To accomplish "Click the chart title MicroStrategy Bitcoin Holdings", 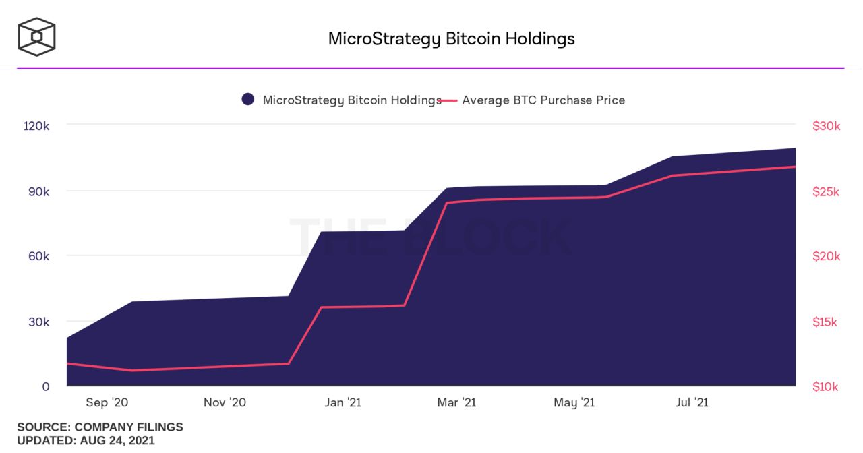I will (451, 38).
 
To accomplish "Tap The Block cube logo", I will (36, 36).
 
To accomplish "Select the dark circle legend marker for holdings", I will (248, 100).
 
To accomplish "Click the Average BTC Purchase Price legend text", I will (543, 100).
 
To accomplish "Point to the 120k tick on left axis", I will (37, 126).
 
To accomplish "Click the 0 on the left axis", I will (46, 386).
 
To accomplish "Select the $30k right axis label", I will (826, 126).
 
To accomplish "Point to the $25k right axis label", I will (826, 191).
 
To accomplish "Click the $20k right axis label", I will (826, 256).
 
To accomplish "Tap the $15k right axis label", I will (826, 322).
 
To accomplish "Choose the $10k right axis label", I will (826, 386).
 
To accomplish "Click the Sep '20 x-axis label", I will (107, 402).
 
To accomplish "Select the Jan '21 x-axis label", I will (343, 402).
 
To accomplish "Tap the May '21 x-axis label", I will (574, 402).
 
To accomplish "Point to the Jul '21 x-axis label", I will (692, 402).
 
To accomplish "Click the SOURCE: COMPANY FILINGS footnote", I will (100, 427).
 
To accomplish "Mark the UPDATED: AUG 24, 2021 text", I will (86, 440).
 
